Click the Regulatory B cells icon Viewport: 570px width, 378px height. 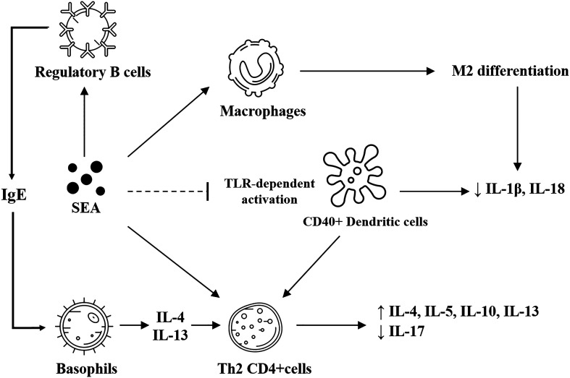(87, 29)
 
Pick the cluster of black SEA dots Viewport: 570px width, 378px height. (85, 178)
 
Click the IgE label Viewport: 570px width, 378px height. (14, 195)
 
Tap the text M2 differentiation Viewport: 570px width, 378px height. (510, 71)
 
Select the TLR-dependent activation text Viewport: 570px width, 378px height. (269, 192)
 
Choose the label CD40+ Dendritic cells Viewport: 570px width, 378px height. (365, 221)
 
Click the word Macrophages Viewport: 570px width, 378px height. (263, 111)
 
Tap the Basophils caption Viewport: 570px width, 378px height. (86, 369)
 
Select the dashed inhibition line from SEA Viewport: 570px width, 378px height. (168, 192)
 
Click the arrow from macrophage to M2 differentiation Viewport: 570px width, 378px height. (366, 71)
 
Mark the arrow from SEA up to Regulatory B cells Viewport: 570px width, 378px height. (84, 121)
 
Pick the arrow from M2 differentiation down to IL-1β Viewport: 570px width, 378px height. (518, 129)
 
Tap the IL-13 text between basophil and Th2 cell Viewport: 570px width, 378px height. (170, 335)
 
